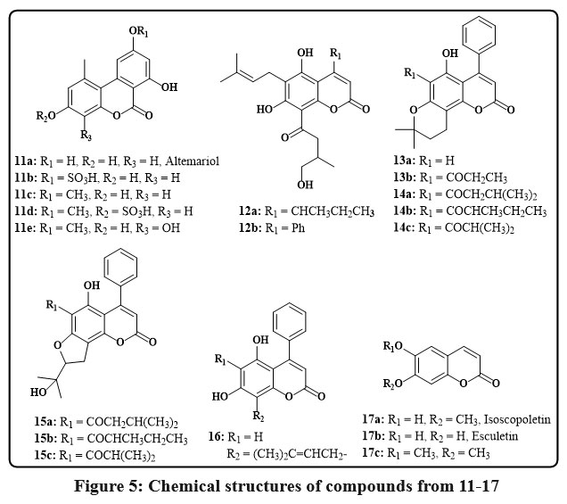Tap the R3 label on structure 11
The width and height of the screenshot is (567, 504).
(83, 138)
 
